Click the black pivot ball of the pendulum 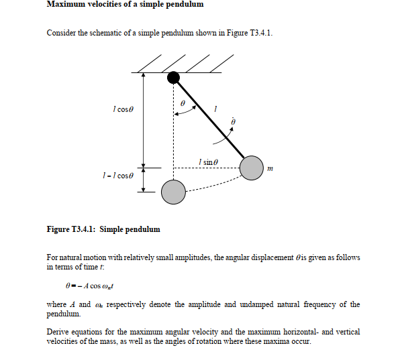coord(173,78)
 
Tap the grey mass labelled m coord(251,168)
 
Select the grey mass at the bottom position coord(172,192)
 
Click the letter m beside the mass coord(270,168)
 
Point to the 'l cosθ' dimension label coord(124,109)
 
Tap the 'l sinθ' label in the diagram coord(209,162)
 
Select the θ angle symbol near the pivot coord(183,104)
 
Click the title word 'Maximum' coord(66,5)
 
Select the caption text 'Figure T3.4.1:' coord(70,229)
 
